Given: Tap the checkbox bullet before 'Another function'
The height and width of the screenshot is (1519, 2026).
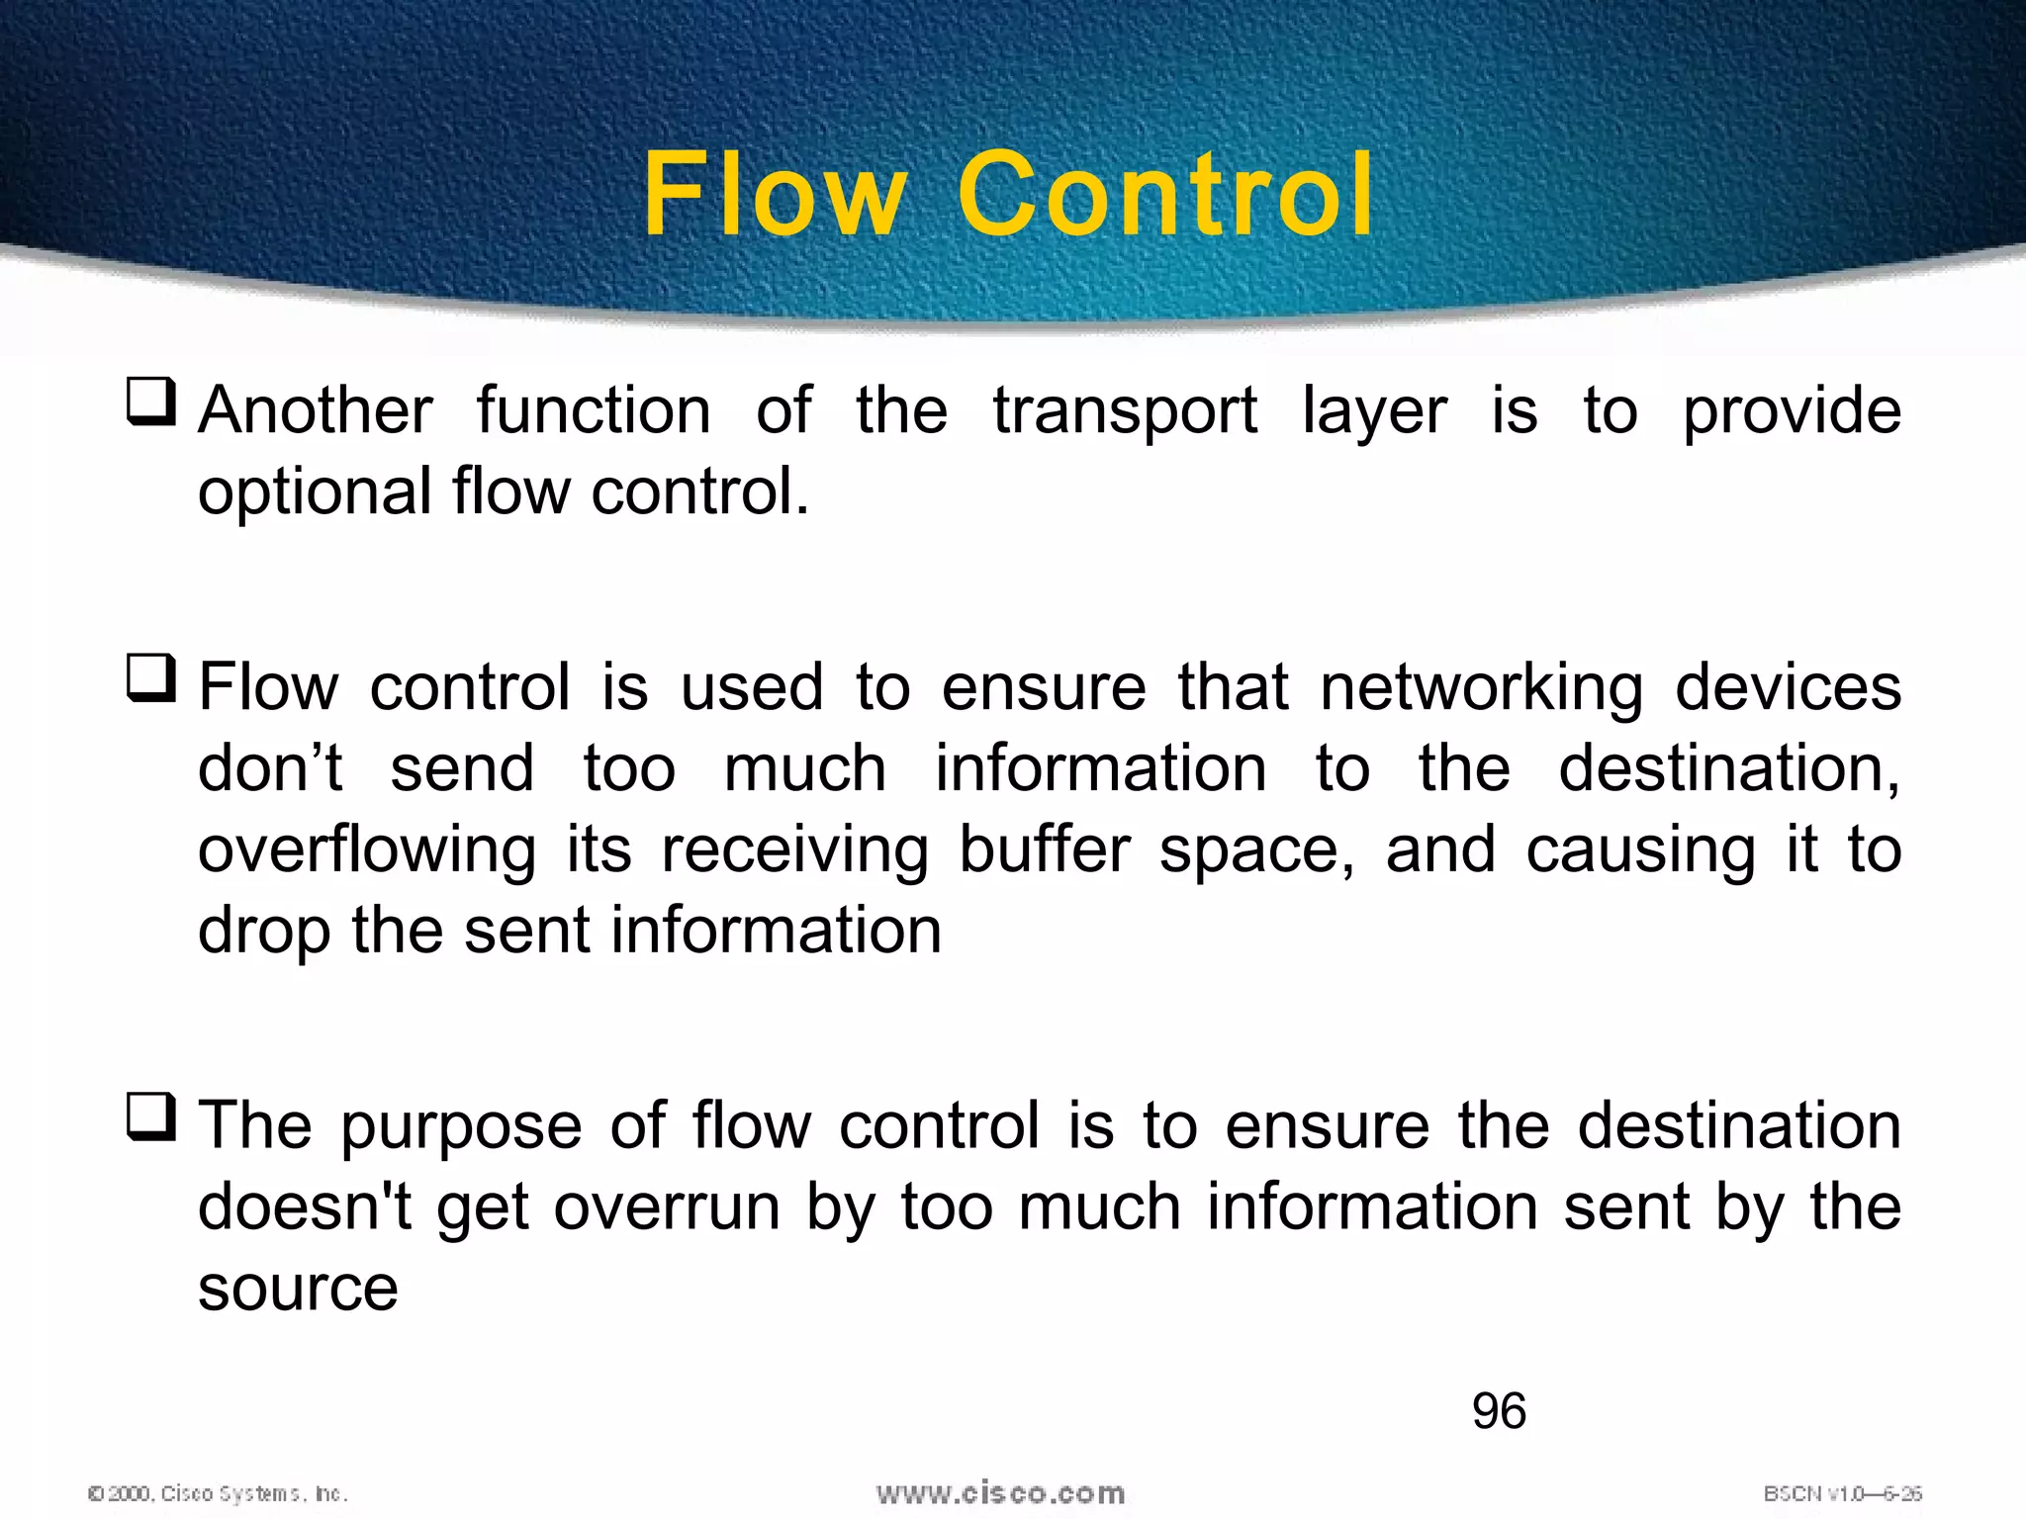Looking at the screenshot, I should point(151,402).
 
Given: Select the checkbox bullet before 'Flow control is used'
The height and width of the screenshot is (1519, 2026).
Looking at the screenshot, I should point(151,678).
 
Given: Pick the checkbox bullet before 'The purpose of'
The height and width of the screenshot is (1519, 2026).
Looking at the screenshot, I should point(151,1117).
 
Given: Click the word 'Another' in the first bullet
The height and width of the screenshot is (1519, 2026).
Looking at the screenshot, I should point(316,410).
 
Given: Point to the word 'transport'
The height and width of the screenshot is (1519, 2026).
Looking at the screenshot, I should point(1125,412).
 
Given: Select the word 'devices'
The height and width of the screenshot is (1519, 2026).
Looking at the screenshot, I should point(1788,687).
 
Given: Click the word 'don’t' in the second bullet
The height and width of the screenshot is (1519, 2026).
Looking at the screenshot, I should point(270,768).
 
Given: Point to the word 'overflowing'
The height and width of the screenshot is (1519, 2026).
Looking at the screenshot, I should point(367,851).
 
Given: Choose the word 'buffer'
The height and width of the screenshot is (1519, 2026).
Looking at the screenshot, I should point(1045,849).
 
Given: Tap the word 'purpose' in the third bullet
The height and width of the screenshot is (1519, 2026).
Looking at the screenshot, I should point(461,1128).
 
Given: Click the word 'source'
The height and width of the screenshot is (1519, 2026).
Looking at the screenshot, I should point(298,1289).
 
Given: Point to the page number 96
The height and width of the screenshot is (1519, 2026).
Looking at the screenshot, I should point(1499,1411).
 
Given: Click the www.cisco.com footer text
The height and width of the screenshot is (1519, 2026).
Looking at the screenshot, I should point(1000,1493).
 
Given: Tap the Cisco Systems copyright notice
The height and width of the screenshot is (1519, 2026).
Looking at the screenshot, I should point(218,1493).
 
